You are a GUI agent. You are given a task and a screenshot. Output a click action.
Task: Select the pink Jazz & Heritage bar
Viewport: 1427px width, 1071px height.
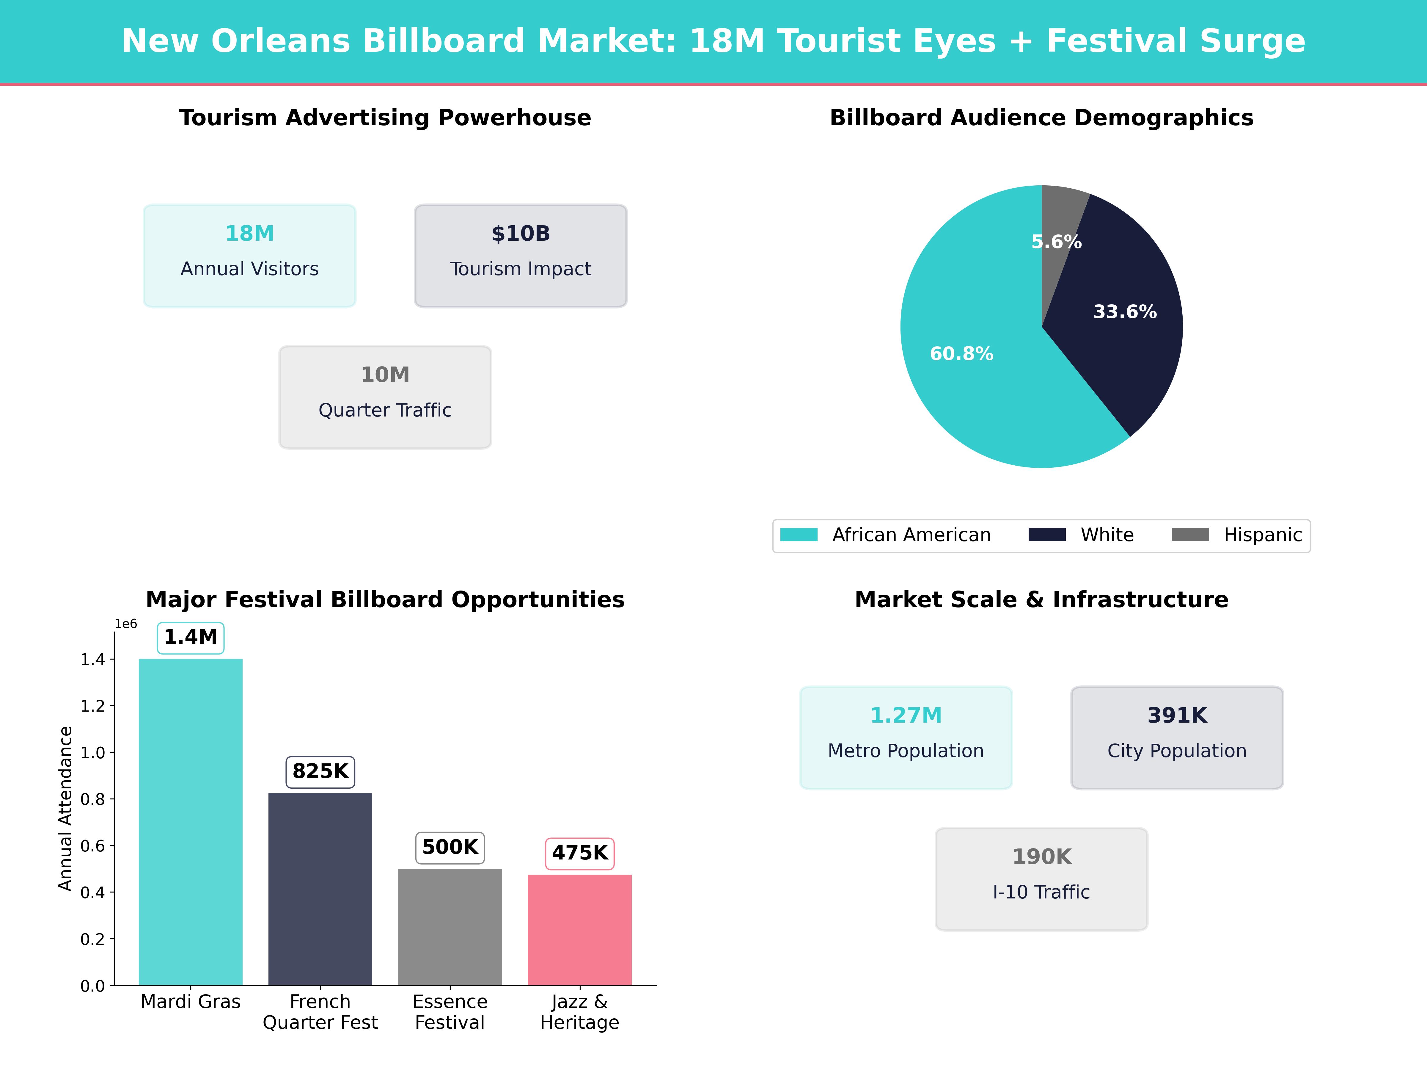tap(579, 930)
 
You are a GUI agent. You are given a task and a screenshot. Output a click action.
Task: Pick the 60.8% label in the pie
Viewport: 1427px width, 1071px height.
tap(961, 354)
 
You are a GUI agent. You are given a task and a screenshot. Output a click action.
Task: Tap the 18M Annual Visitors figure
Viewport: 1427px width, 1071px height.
tap(250, 234)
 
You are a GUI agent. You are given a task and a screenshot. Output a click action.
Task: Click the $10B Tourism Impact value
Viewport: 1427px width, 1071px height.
tap(521, 234)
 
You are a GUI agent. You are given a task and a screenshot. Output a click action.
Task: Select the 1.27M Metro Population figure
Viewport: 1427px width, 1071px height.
tap(906, 715)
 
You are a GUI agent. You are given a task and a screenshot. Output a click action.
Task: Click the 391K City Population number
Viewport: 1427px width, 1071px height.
tap(1177, 715)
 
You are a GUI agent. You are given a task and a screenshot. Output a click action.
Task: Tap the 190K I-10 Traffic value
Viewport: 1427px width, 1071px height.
tap(1041, 857)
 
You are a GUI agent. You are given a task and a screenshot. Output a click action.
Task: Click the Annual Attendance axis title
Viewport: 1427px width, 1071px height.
tap(65, 808)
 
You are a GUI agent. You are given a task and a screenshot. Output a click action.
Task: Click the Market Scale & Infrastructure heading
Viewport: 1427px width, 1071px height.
tap(1041, 600)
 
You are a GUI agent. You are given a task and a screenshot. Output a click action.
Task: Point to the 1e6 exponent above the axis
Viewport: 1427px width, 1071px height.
tap(126, 624)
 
